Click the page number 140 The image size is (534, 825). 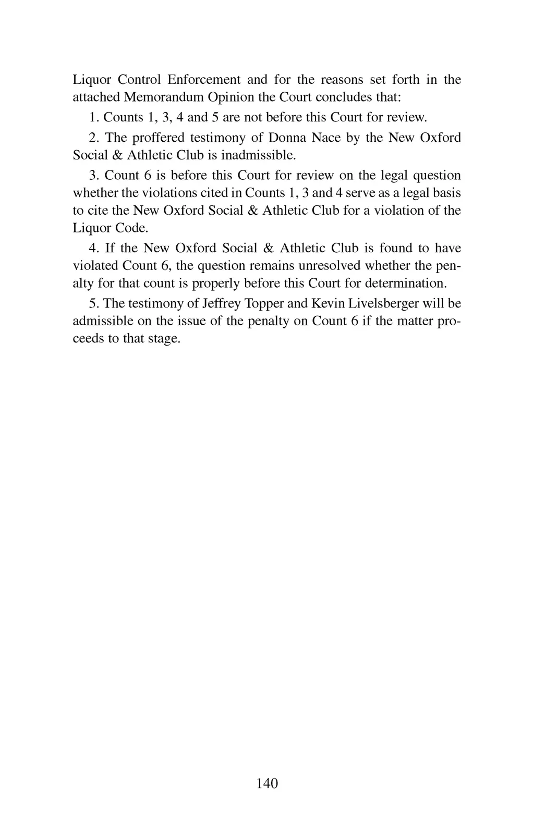(x=268, y=783)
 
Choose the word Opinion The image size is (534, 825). (x=231, y=97)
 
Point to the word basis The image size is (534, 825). (x=448, y=193)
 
